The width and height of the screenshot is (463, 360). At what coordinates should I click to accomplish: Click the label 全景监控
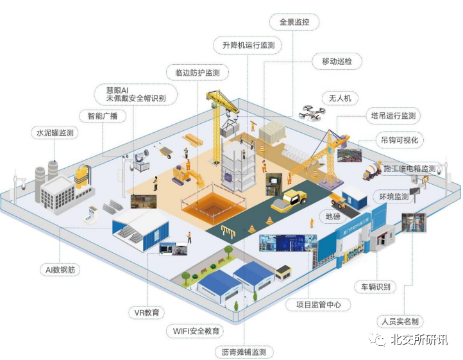point(294,22)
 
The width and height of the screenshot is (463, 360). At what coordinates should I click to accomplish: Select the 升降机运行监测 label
point(248,46)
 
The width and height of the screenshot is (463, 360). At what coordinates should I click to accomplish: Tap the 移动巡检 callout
point(337,62)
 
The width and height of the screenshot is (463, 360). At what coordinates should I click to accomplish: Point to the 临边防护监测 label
point(197,73)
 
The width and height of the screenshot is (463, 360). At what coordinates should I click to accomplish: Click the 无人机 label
point(340,98)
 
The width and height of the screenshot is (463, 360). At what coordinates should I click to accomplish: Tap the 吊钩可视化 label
point(402,140)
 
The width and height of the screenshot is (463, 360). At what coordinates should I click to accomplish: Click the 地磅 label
point(333,216)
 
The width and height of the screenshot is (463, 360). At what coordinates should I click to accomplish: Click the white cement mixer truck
point(373,172)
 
